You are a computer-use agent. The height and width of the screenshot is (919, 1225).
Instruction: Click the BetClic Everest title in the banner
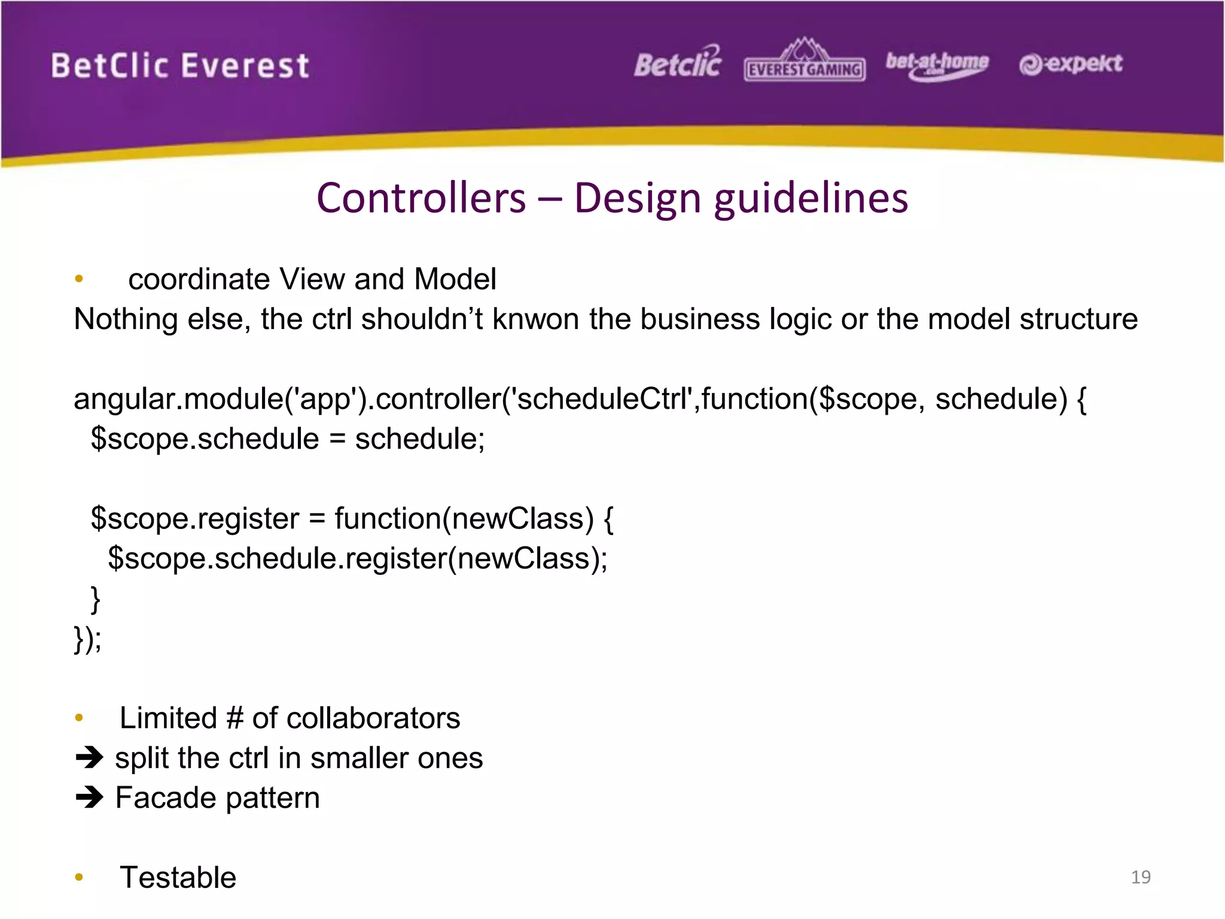coord(180,65)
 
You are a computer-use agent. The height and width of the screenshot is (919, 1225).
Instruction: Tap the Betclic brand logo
coord(678,63)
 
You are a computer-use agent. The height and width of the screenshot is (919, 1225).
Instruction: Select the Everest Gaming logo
coord(805,63)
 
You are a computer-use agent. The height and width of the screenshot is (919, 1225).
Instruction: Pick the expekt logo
coord(1071,64)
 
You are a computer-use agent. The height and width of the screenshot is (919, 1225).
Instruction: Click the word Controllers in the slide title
coord(421,198)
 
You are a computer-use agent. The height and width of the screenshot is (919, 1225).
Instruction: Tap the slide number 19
coord(1141,877)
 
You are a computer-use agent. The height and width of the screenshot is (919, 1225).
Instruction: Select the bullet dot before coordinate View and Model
coord(79,279)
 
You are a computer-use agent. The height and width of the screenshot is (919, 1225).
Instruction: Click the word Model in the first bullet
coord(455,279)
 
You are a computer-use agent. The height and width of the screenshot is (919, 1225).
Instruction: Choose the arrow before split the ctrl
coord(90,758)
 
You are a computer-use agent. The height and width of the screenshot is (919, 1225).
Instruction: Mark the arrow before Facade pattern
coord(90,798)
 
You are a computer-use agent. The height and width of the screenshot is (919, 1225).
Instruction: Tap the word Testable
coord(178,878)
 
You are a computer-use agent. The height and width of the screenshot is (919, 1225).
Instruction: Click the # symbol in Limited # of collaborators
coord(234,718)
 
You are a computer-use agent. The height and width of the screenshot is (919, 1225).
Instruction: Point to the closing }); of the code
coord(87,639)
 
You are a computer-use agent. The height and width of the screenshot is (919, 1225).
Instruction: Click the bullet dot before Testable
coord(79,878)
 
